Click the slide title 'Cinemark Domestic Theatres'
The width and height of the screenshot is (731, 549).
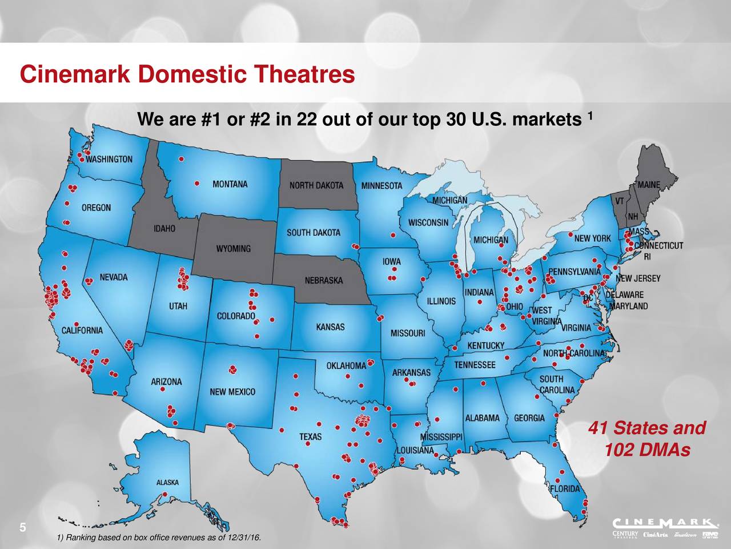pos(187,75)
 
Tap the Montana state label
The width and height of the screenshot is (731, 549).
pos(230,184)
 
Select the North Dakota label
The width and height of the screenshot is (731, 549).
pos(316,186)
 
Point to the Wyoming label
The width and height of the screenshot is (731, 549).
pos(232,249)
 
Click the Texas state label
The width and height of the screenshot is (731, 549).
pos(311,437)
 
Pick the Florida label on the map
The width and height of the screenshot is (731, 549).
pos(564,489)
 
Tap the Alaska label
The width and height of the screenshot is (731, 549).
pos(167,482)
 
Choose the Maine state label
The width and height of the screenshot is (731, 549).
pos(648,185)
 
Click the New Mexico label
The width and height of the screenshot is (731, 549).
pos(232,392)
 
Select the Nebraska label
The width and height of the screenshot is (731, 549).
pos(324,281)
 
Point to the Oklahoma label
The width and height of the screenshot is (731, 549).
pos(346,365)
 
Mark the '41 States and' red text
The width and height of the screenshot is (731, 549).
pos(646,428)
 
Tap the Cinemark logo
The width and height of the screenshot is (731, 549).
pos(665,523)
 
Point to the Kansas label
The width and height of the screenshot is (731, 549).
pos(330,327)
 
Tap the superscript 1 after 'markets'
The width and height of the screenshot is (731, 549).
pos(592,117)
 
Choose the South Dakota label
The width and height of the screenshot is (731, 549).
pos(313,232)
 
